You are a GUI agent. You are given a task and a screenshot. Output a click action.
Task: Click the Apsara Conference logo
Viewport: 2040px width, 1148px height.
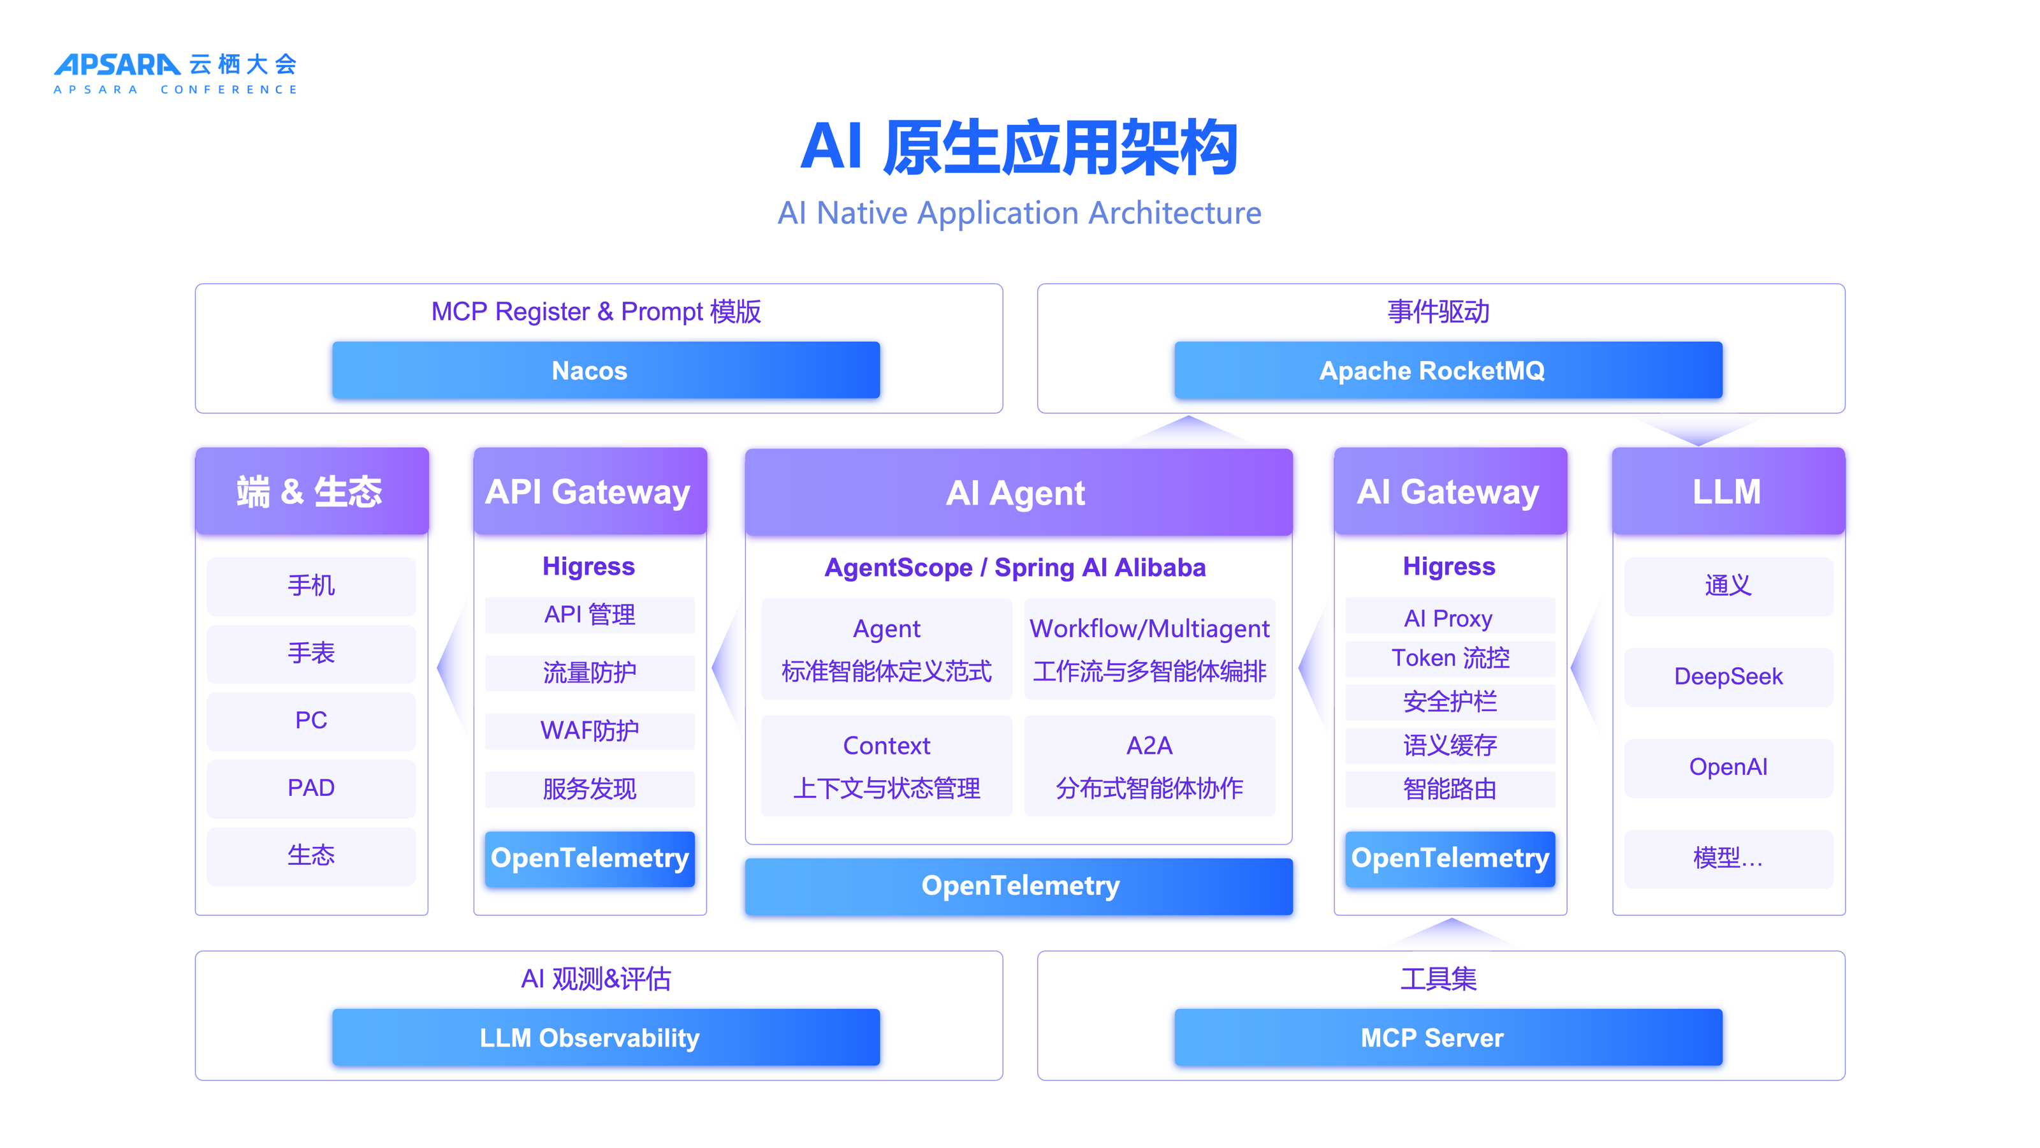pyautogui.click(x=175, y=73)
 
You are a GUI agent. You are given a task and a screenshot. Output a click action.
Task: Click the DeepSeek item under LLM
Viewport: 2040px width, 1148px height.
pyautogui.click(x=1728, y=677)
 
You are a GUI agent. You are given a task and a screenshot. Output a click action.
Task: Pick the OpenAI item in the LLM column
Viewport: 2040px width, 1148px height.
pyautogui.click(x=1728, y=767)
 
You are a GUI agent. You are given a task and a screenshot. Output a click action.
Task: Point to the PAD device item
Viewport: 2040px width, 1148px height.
pyautogui.click(x=311, y=788)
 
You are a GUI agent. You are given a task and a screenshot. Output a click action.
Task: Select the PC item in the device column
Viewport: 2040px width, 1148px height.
pyautogui.click(x=311, y=721)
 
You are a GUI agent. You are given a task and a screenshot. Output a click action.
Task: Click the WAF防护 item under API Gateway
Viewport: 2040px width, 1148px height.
pyautogui.click(x=589, y=730)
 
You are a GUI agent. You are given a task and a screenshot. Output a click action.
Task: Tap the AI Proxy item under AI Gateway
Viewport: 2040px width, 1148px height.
pyautogui.click(x=1449, y=617)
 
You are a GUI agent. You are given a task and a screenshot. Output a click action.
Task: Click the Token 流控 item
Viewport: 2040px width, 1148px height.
pyautogui.click(x=1449, y=658)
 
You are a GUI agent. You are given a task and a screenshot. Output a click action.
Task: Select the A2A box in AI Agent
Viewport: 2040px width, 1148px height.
pyautogui.click(x=1149, y=765)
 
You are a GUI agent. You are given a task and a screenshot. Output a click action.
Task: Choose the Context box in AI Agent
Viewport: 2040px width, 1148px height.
pyautogui.click(x=886, y=765)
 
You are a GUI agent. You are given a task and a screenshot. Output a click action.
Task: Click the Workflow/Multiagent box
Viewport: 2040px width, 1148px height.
pyautogui.click(x=1149, y=649)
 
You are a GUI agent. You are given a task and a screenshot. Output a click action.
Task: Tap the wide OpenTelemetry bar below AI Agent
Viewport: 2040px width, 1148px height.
pyautogui.click(x=1019, y=886)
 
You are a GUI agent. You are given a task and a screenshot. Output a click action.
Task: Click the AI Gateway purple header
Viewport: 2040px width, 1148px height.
pyautogui.click(x=1449, y=492)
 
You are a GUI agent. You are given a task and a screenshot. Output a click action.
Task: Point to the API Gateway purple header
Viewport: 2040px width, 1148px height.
pyautogui.click(x=589, y=492)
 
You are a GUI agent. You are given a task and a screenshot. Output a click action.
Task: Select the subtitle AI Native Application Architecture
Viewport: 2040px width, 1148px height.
pyautogui.click(x=1019, y=213)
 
